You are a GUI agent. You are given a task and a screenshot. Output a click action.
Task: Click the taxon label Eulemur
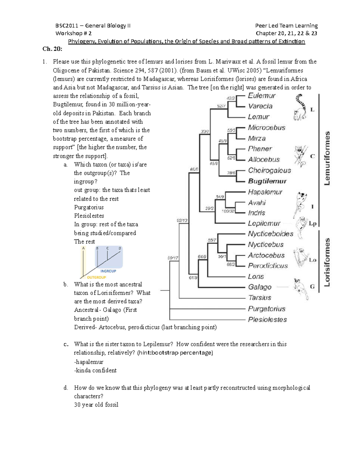pos(262,96)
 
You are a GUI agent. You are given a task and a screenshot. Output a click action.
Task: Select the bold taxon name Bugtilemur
pos(267,181)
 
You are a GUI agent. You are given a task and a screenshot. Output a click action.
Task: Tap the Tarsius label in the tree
pos(259,298)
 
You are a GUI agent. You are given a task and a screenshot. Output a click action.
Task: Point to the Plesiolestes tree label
pos(267,320)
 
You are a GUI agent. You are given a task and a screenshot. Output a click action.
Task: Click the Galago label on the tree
pos(259,287)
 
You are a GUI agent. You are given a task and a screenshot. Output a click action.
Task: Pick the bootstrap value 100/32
pos(228,211)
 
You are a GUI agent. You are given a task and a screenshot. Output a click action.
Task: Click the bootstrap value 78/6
pos(231,173)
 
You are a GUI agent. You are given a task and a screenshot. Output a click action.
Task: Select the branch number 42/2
pos(231,98)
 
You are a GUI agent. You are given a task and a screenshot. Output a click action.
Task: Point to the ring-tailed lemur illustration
pos(300,107)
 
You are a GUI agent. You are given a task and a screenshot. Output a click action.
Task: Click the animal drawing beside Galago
pos(301,288)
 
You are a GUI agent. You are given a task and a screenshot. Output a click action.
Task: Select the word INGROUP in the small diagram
pos(108,271)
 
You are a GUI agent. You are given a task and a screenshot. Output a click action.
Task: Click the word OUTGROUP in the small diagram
pos(96,278)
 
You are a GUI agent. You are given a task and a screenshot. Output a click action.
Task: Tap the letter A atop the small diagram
pos(83,248)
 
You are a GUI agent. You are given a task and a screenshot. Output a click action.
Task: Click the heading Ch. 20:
pos(52,49)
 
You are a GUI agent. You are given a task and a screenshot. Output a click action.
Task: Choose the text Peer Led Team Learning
pos(286,26)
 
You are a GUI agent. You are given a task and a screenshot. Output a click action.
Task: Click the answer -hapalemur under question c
pos(88,362)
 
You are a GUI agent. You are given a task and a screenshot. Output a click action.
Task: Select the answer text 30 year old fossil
pos(96,405)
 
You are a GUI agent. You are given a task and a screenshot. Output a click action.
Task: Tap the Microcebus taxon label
pos(266,128)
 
